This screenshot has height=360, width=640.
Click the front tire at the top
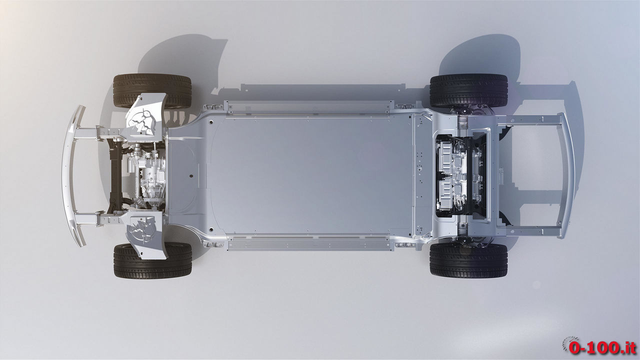click(152, 91)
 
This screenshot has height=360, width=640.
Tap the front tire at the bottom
click(152, 261)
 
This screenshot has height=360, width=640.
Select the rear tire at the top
click(468, 91)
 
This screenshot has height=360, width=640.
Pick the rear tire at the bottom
click(468, 261)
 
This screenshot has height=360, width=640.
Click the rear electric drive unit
click(460, 175)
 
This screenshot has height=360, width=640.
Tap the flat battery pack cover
click(310, 175)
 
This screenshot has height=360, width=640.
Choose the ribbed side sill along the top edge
click(309, 107)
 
